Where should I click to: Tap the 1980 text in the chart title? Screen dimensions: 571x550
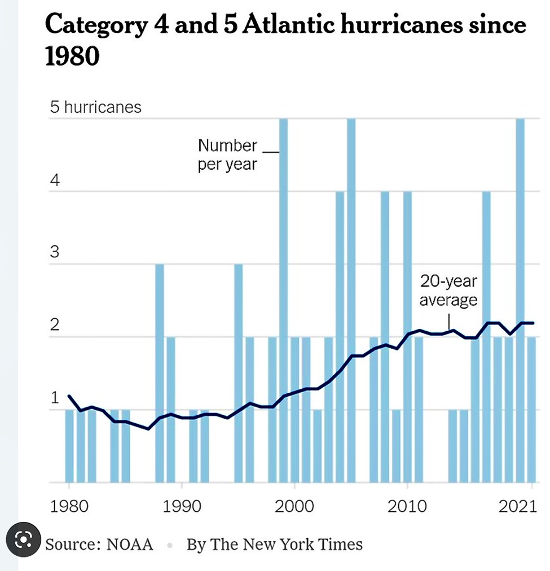tap(72, 56)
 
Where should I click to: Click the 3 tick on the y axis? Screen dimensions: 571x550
tap(55, 252)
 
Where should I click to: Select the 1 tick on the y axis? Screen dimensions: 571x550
tap(55, 398)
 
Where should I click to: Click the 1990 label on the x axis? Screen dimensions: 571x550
tap(182, 506)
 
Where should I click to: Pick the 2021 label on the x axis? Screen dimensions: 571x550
tap(516, 506)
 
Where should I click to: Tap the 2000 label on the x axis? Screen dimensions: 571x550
tap(293, 506)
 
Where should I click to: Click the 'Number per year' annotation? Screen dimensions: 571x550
tap(227, 155)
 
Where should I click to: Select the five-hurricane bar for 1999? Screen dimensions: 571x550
tap(283, 299)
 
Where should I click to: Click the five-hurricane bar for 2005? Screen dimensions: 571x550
tap(351, 299)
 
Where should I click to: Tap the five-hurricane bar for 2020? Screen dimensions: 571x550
tap(520, 299)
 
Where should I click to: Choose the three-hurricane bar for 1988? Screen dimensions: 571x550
tap(160, 372)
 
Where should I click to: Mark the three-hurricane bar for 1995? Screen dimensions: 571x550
tap(239, 372)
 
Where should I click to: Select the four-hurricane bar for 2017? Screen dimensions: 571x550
tap(486, 336)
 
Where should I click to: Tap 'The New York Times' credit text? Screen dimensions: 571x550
tap(286, 544)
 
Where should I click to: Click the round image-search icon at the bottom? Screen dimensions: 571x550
tap(23, 540)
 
